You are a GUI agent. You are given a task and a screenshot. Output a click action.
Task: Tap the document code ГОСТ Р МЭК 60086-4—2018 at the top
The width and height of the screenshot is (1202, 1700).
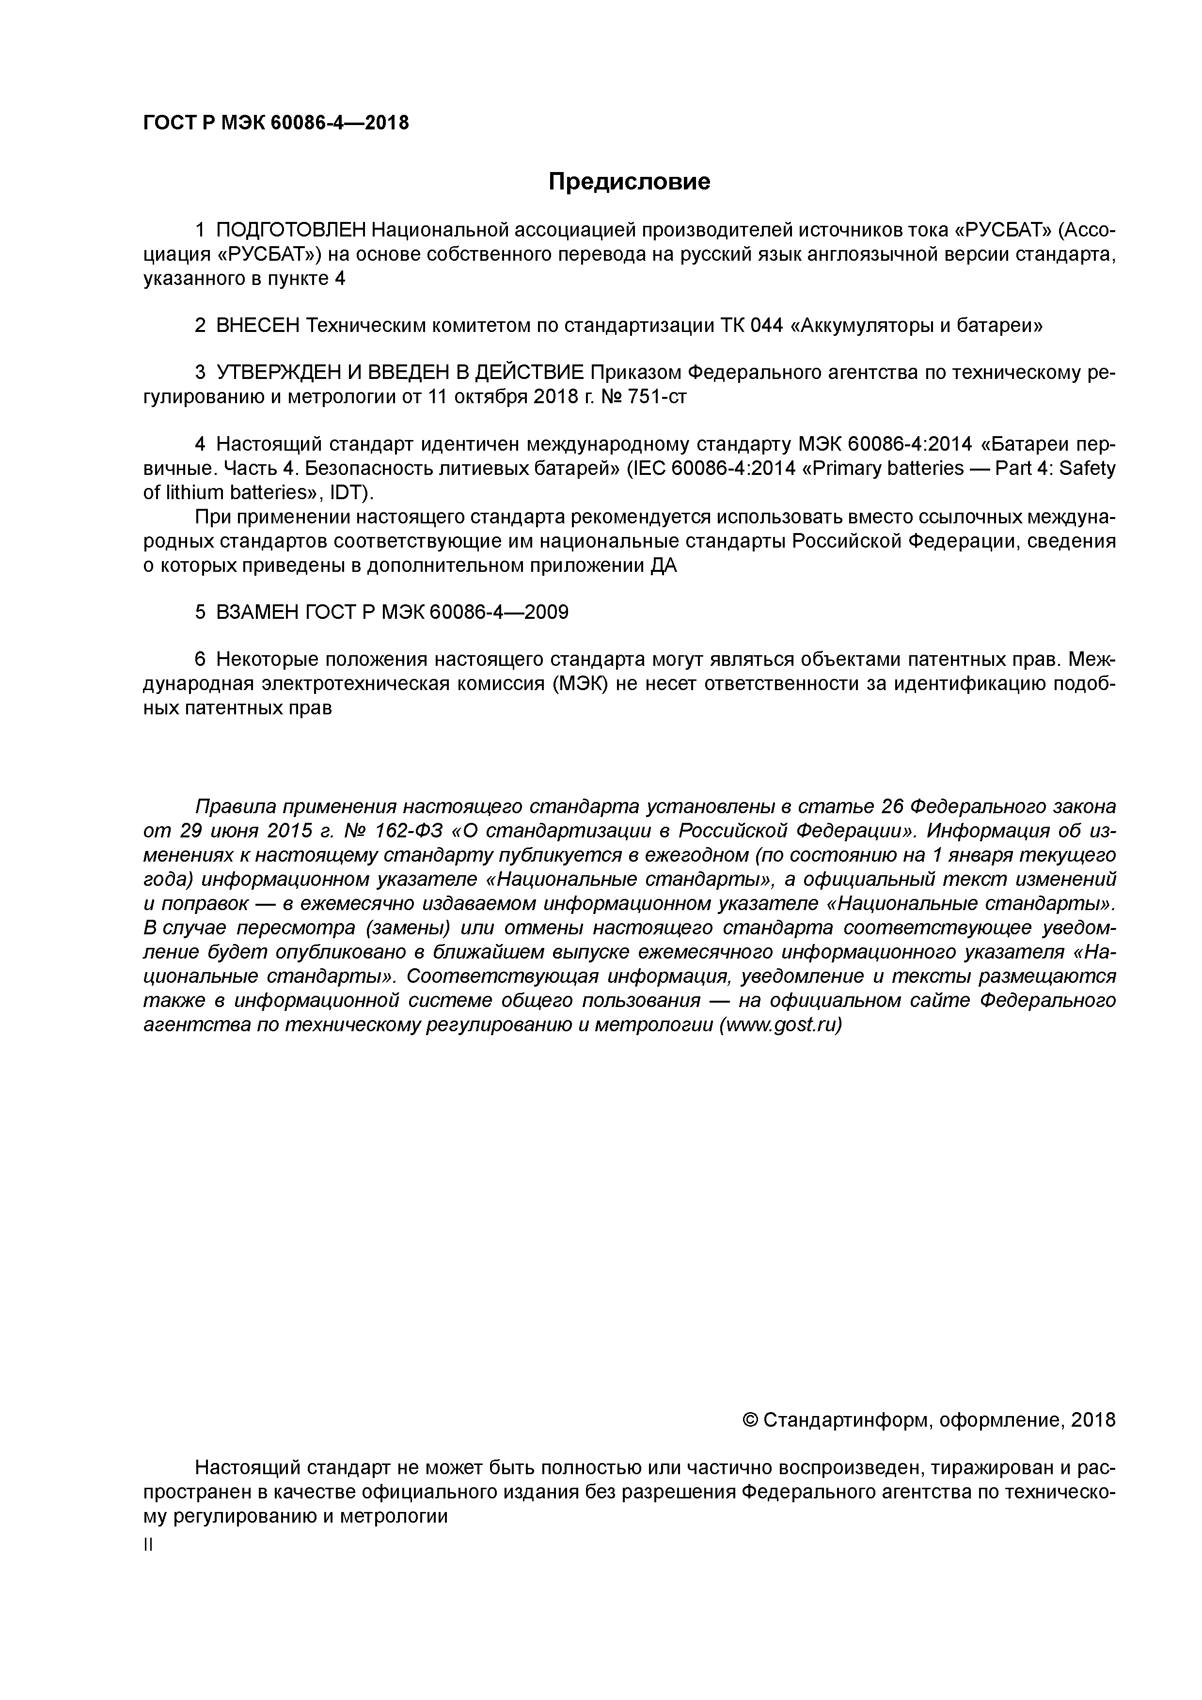pyautogui.click(x=275, y=123)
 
